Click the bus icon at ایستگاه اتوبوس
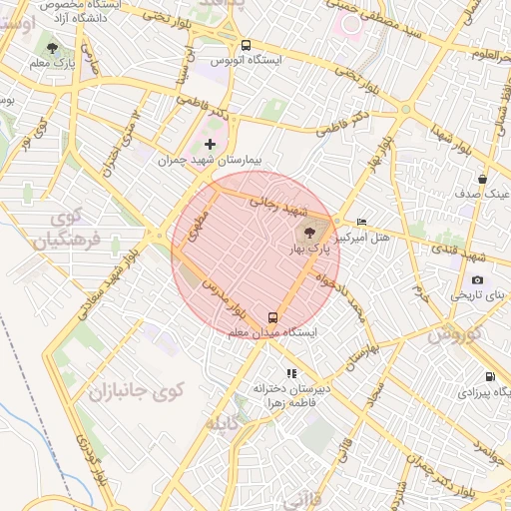[247, 45]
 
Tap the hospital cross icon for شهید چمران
[210, 145]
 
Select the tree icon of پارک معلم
[52, 48]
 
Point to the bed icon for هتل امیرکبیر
[361, 222]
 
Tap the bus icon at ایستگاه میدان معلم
[273, 316]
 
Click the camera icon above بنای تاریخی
[477, 280]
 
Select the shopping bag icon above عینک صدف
[482, 180]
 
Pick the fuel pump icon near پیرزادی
[489, 376]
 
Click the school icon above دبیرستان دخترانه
[291, 373]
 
